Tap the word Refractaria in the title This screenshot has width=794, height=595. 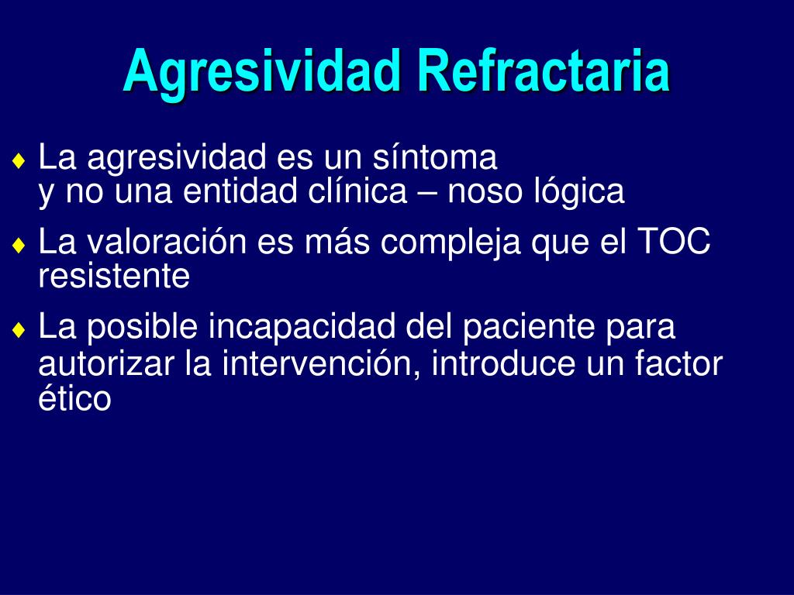click(x=544, y=70)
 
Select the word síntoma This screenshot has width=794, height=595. click(x=435, y=156)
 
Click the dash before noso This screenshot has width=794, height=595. click(x=427, y=193)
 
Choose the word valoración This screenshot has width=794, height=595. click(x=167, y=241)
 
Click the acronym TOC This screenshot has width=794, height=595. click(x=674, y=241)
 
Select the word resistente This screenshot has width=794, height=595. click(x=115, y=275)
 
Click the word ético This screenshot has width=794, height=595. click(x=75, y=397)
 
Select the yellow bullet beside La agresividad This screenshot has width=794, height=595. click(x=19, y=161)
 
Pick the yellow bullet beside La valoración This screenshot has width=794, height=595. click(x=19, y=246)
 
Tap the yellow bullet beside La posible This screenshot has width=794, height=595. click(x=19, y=330)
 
